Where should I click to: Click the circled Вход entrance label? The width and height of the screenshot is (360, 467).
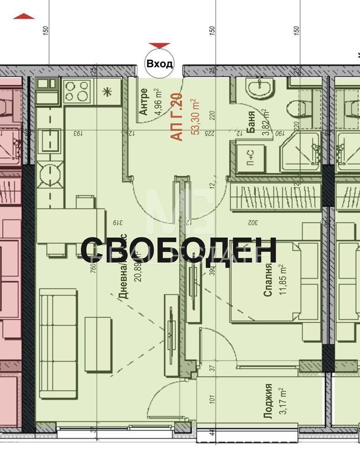(160, 64)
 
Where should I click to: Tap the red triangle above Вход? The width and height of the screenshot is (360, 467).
(160, 45)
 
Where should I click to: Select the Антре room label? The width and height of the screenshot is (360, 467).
(144, 102)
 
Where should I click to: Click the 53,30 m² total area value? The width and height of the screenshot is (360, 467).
(194, 117)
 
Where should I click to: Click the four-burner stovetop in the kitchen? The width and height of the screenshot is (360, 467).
(77, 91)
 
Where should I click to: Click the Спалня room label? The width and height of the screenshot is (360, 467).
(268, 280)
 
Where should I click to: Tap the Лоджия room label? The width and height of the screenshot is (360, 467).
(268, 402)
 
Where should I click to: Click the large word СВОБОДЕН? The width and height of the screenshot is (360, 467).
(178, 249)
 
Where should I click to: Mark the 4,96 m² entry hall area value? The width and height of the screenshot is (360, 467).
(158, 102)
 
